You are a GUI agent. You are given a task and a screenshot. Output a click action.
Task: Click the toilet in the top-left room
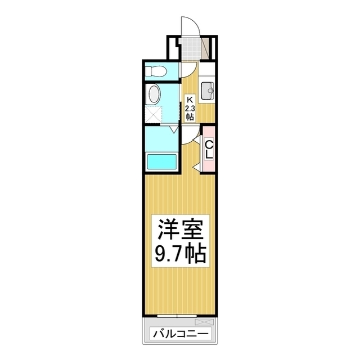[157, 71]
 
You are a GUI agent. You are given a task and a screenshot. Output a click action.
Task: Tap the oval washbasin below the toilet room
[153, 94]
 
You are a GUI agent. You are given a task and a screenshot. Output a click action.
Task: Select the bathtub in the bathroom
[163, 161]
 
